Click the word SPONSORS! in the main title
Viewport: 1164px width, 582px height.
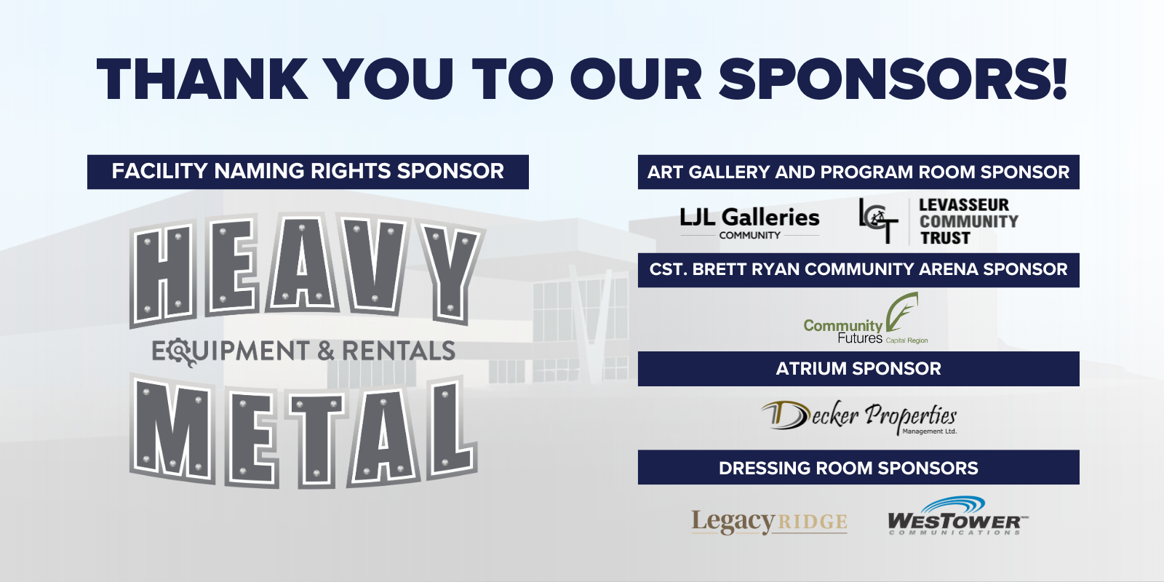(x=893, y=79)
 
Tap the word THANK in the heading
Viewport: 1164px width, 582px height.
(x=202, y=79)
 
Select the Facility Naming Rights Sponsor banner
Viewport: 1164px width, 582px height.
(x=308, y=172)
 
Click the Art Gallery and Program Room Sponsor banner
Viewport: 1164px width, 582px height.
(x=858, y=172)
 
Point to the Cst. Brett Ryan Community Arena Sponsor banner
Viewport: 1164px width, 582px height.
(x=858, y=270)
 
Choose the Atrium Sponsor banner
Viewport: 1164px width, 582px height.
(x=858, y=368)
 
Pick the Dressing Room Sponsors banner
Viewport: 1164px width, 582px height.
(x=858, y=467)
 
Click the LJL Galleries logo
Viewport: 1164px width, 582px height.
(x=749, y=223)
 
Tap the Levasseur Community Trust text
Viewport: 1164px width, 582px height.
(x=968, y=221)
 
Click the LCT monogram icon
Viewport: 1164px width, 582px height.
(x=878, y=220)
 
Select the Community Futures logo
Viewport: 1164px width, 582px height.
(x=866, y=318)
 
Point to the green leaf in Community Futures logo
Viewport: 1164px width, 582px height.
(x=902, y=312)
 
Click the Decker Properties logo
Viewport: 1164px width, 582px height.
(x=859, y=418)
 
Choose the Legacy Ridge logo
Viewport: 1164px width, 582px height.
(x=769, y=522)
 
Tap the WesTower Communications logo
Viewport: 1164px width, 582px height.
(x=957, y=516)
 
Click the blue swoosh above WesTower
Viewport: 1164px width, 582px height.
(x=953, y=505)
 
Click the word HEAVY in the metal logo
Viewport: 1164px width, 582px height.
(x=306, y=269)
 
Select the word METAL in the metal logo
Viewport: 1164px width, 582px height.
(x=303, y=431)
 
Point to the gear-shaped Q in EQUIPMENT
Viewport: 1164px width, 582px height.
(x=182, y=352)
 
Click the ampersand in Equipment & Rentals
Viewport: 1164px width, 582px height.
(x=326, y=350)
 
